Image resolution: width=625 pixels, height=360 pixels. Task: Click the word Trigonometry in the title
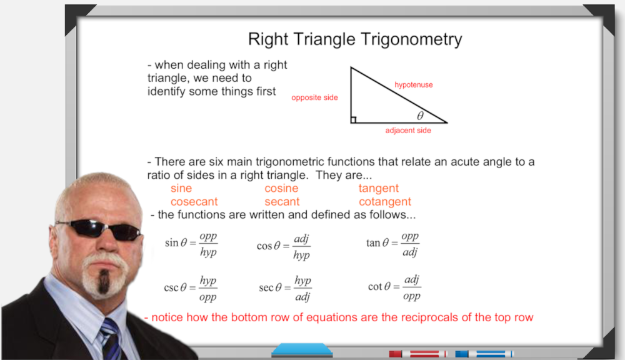(411, 40)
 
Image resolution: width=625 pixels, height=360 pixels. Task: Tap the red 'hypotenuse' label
(413, 85)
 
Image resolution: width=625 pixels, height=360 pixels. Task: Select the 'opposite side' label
(314, 97)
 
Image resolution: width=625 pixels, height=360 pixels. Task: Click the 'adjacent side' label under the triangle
(408, 131)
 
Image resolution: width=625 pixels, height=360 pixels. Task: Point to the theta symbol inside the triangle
(420, 116)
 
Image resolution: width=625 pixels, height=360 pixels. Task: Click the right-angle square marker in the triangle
(353, 119)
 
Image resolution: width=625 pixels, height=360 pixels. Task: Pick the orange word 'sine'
(181, 188)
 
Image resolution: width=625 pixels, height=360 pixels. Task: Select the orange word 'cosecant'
(194, 202)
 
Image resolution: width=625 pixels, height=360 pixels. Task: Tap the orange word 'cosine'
(281, 188)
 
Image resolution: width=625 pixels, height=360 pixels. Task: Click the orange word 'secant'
(282, 202)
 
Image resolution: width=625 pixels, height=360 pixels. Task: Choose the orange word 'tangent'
(379, 189)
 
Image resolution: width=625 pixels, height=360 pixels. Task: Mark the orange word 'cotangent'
(384, 202)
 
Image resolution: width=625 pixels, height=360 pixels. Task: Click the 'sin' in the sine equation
(171, 242)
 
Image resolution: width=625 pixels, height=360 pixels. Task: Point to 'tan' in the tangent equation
(373, 242)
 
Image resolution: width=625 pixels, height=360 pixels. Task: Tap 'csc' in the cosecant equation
(171, 288)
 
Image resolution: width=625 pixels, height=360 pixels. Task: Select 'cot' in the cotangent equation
(375, 287)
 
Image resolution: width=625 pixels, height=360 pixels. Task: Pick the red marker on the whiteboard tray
(417, 354)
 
